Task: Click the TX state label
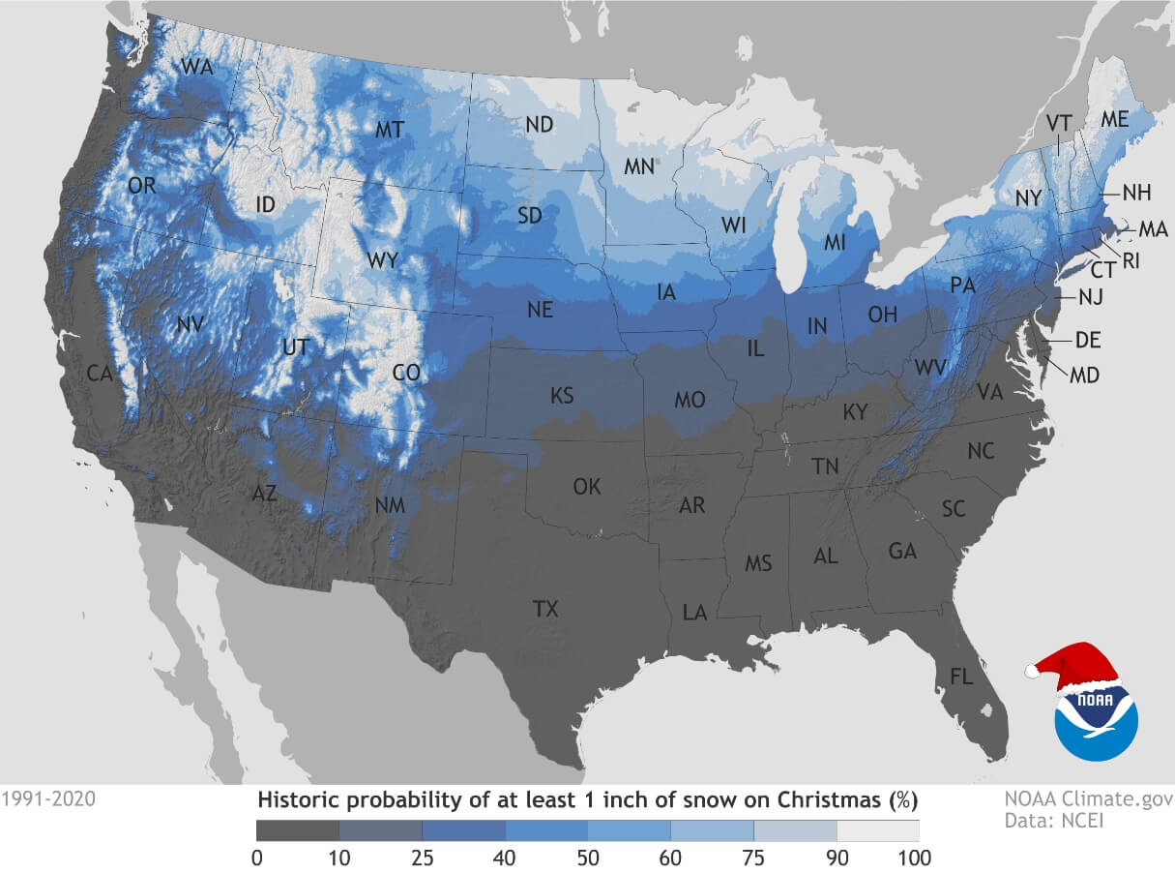point(545,609)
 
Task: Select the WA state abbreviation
point(197,68)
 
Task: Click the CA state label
point(100,373)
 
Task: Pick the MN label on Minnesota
point(639,166)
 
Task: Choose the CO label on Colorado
point(407,373)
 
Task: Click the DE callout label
point(1088,340)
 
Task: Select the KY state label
point(856,413)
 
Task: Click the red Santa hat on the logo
point(1073,666)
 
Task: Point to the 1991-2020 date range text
point(48,800)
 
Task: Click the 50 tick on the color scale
point(587,857)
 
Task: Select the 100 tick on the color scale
point(915,857)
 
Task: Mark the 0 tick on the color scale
point(256,857)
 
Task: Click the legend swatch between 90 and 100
point(877,830)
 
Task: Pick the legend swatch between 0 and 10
point(298,830)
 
